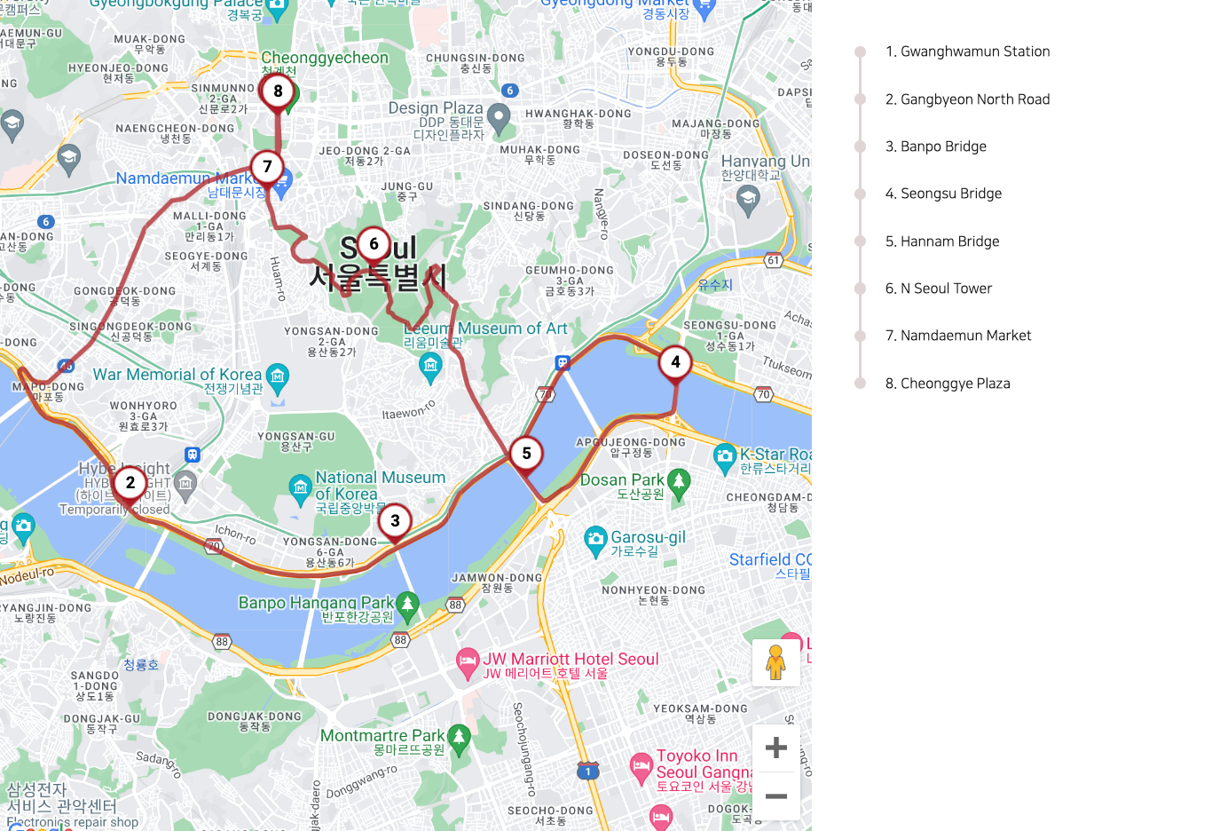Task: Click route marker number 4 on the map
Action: coord(675,362)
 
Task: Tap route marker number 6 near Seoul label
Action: coord(374,244)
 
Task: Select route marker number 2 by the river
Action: coord(130,483)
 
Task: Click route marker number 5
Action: coord(526,454)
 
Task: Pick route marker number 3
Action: coord(395,521)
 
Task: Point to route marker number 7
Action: coord(267,167)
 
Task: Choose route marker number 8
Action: coord(278,91)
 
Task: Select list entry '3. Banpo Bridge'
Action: coord(935,146)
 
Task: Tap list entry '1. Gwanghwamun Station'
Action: coord(967,51)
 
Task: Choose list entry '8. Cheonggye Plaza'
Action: coord(948,384)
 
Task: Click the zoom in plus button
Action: coord(775,748)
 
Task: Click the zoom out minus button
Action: coord(775,796)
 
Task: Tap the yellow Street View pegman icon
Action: coord(775,663)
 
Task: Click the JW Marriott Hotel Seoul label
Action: coord(571,659)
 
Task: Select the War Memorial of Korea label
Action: coord(177,375)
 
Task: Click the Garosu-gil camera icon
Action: coord(595,539)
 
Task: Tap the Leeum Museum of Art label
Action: coord(485,328)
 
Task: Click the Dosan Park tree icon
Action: coord(679,481)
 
